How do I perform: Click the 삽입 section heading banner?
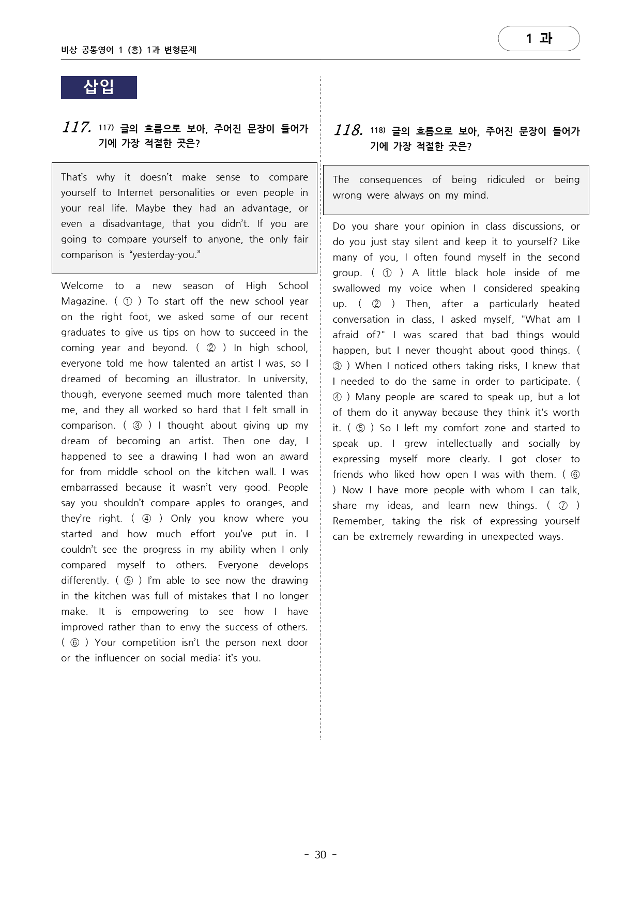point(99,87)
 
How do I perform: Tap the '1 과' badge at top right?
point(539,38)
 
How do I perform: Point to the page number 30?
point(320,854)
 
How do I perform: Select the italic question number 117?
point(77,127)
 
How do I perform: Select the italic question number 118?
point(348,130)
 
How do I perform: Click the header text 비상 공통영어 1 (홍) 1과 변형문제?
point(129,50)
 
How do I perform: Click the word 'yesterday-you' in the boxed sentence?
point(166,254)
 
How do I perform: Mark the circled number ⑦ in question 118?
point(563,505)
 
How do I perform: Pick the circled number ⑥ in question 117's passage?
point(75,642)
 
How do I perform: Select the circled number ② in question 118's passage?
point(376,304)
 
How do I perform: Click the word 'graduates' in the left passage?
point(84,332)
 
